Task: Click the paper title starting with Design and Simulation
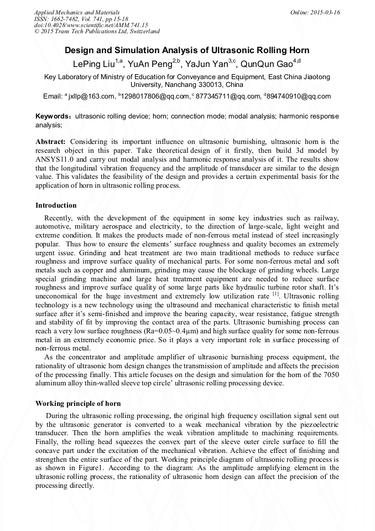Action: pyautogui.click(x=187, y=50)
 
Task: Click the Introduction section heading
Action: pyautogui.click(x=56, y=205)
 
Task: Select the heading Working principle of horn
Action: pyautogui.click(x=78, y=403)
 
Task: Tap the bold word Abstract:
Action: pyautogui.click(x=51, y=142)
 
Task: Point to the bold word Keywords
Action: pyautogui.click(x=52, y=117)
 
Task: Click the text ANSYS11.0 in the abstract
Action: pyautogui.click(x=56, y=159)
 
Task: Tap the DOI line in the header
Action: pyautogui.click(x=91, y=25)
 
